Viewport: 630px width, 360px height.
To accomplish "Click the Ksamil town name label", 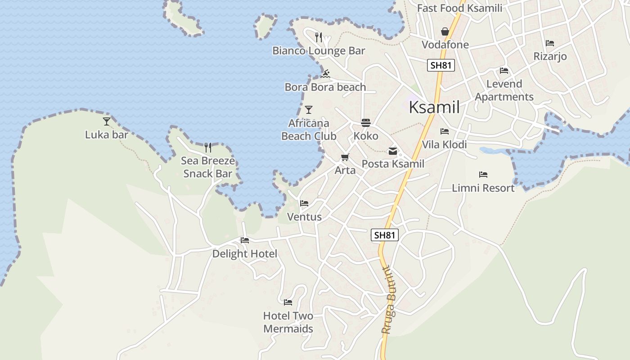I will pyautogui.click(x=434, y=108).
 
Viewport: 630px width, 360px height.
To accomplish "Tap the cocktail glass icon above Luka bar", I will pyautogui.click(x=107, y=121).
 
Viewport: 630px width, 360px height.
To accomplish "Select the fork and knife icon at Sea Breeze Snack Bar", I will pyautogui.click(x=208, y=147).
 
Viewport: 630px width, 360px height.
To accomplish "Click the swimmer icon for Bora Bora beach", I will pyautogui.click(x=326, y=73).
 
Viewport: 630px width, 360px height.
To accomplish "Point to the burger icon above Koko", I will pyautogui.click(x=365, y=122).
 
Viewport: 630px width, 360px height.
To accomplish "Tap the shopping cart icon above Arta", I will pyautogui.click(x=345, y=157).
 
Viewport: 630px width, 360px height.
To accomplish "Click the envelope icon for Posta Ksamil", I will pyautogui.click(x=393, y=151).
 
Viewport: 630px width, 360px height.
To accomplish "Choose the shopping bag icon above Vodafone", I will pyautogui.click(x=445, y=31).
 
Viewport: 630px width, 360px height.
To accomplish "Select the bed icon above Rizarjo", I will pyautogui.click(x=549, y=43).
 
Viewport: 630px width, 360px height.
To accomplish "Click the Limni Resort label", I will pyautogui.click(x=483, y=188).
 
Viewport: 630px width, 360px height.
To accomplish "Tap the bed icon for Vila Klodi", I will pyautogui.click(x=445, y=131).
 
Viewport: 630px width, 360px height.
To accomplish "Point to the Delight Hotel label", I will pyautogui.click(x=245, y=254).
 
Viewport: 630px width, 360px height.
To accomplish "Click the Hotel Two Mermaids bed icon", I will pyautogui.click(x=288, y=302).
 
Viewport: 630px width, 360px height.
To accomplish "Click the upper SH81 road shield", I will pyautogui.click(x=441, y=65).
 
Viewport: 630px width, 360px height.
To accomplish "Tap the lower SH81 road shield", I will pyautogui.click(x=385, y=235).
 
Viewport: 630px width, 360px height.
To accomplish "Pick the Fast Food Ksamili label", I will pyautogui.click(x=459, y=8).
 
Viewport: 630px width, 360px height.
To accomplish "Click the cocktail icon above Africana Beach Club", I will pyautogui.click(x=309, y=109).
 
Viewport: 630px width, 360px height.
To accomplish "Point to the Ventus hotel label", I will pyautogui.click(x=305, y=217).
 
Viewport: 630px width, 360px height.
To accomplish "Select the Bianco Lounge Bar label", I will pyautogui.click(x=319, y=51).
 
